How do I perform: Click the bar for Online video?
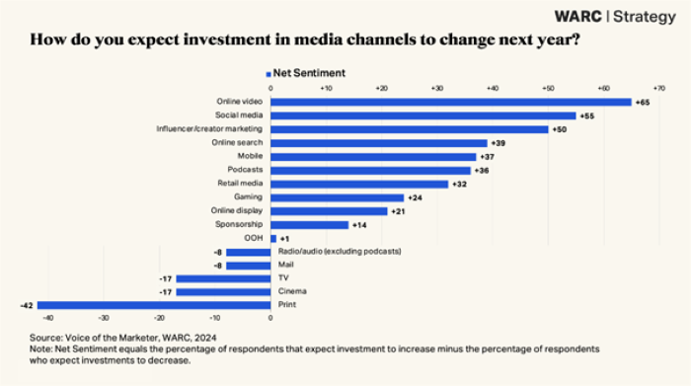[x=451, y=102]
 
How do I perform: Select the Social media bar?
[x=423, y=116]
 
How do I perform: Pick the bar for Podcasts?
[x=370, y=170]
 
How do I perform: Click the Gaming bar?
[x=337, y=196]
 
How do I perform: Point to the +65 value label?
[x=643, y=102]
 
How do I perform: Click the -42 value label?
[x=28, y=305]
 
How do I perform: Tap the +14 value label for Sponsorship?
[x=358, y=224]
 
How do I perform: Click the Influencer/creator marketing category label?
[x=209, y=129]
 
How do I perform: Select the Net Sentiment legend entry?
[x=305, y=73]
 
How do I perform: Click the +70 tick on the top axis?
[x=659, y=88]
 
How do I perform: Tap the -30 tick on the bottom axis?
[x=104, y=318]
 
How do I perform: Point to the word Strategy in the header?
[x=649, y=16]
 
